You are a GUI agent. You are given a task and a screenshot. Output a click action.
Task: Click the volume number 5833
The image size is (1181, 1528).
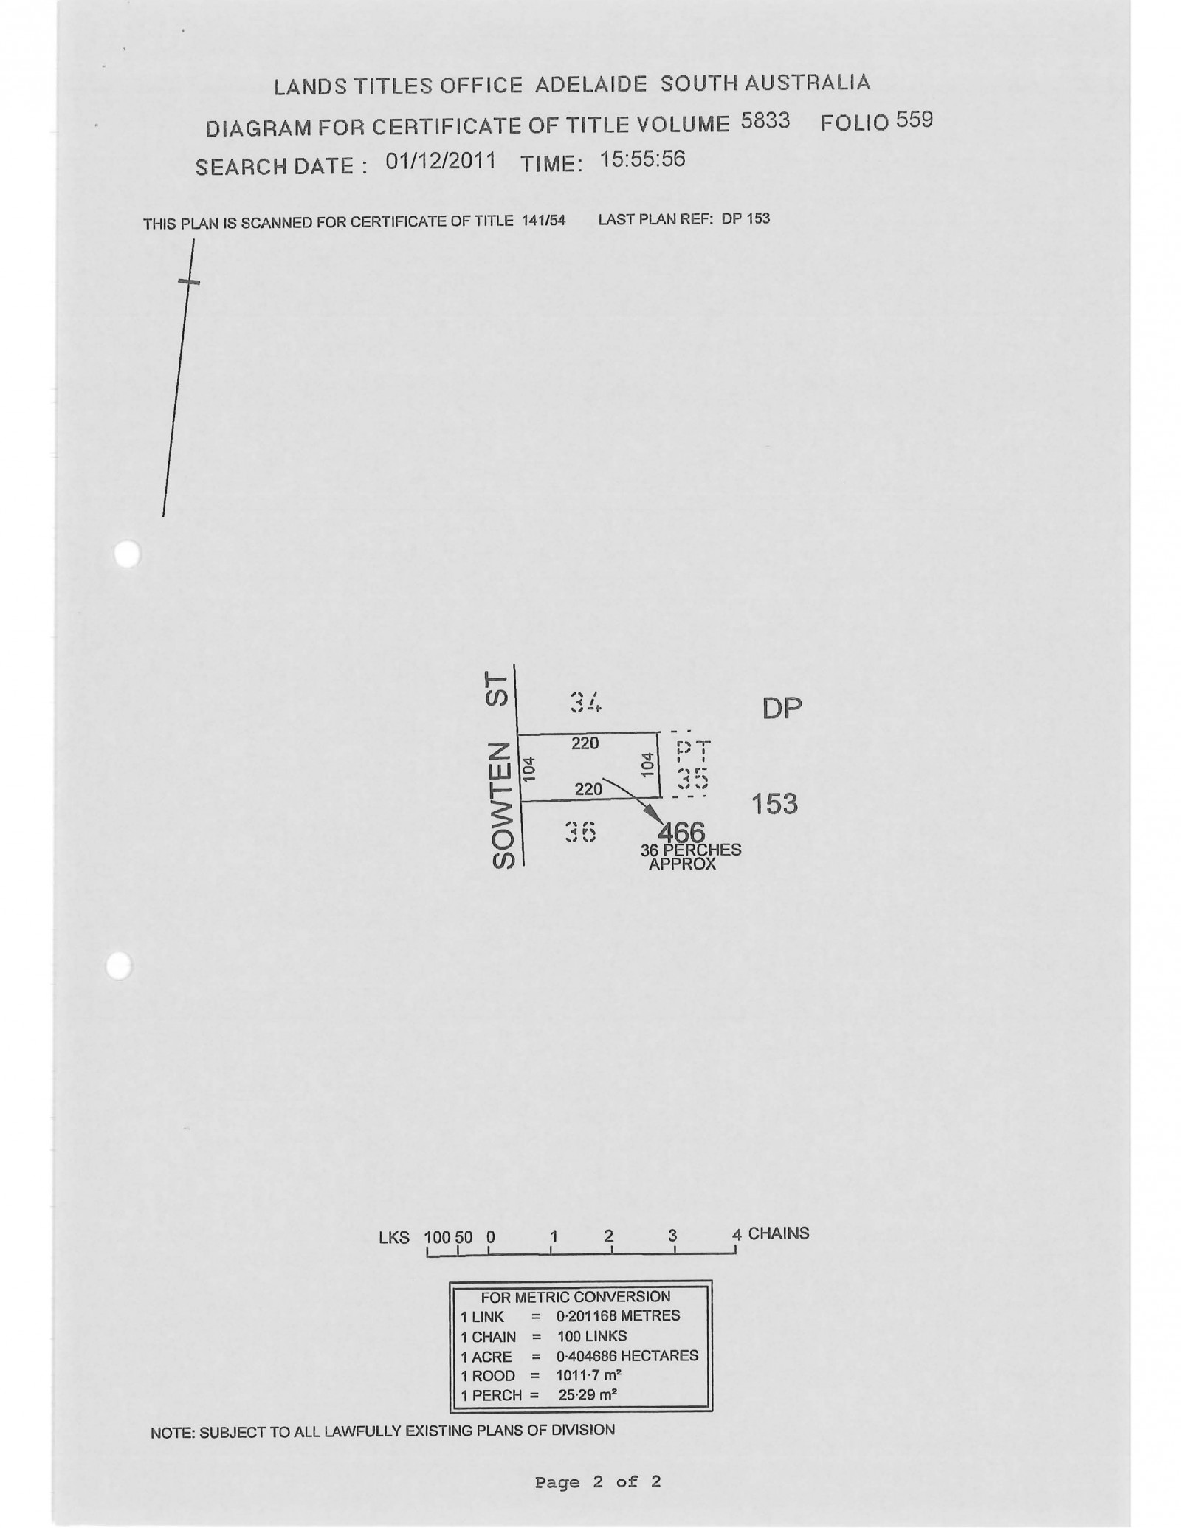click(765, 121)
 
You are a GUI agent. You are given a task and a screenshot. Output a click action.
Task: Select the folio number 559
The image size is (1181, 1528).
click(915, 120)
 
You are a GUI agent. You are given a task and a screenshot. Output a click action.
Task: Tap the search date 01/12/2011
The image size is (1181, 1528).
click(441, 161)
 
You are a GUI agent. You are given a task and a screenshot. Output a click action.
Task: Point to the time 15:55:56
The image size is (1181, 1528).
click(642, 159)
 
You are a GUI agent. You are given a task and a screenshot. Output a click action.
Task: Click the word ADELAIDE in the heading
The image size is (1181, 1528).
click(590, 84)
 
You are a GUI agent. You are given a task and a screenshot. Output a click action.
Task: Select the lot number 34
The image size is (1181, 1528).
click(586, 702)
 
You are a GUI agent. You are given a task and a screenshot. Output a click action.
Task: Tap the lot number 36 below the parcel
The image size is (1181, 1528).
click(580, 832)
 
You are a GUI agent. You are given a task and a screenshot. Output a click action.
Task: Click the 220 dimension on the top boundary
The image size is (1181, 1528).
click(585, 744)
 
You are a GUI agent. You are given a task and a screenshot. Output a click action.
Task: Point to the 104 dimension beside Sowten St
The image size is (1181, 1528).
click(528, 768)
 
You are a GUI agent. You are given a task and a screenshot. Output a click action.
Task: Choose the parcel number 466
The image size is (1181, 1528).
click(681, 833)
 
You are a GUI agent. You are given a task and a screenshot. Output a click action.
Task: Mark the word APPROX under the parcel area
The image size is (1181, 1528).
click(682, 864)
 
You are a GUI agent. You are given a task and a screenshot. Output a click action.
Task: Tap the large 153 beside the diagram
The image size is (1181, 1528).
click(774, 803)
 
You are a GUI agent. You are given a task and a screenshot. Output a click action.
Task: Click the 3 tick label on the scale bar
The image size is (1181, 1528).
click(672, 1236)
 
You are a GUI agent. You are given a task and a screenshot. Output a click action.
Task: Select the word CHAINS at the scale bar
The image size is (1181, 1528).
click(779, 1233)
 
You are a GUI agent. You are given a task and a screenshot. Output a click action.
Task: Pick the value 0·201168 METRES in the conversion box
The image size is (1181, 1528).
click(618, 1316)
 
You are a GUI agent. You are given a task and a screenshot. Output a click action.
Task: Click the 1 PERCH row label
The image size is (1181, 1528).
click(491, 1395)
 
